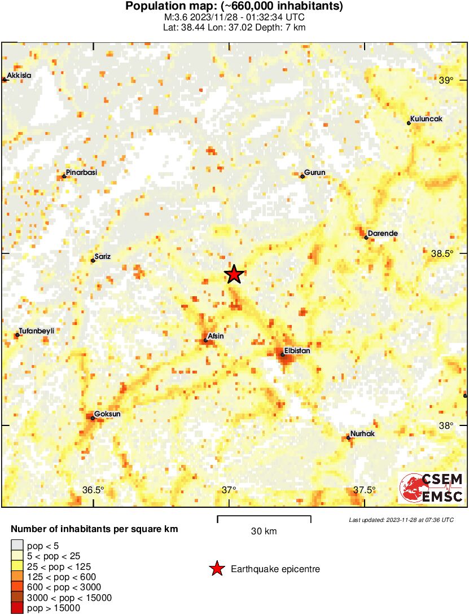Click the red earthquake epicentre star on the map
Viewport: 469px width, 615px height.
click(234, 274)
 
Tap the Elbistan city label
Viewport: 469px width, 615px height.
click(297, 350)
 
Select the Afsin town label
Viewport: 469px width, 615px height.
click(216, 336)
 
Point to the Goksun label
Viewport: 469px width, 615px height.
click(107, 414)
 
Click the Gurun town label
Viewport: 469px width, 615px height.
click(315, 173)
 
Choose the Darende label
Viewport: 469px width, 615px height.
click(383, 233)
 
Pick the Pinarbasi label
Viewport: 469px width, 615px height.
click(81, 173)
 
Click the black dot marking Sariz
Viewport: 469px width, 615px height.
click(93, 260)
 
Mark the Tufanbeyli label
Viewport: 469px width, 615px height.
click(37, 331)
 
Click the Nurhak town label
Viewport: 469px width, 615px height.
click(362, 434)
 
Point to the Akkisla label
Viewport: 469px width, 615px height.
click(19, 76)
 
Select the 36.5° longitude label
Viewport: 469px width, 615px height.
click(93, 490)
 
